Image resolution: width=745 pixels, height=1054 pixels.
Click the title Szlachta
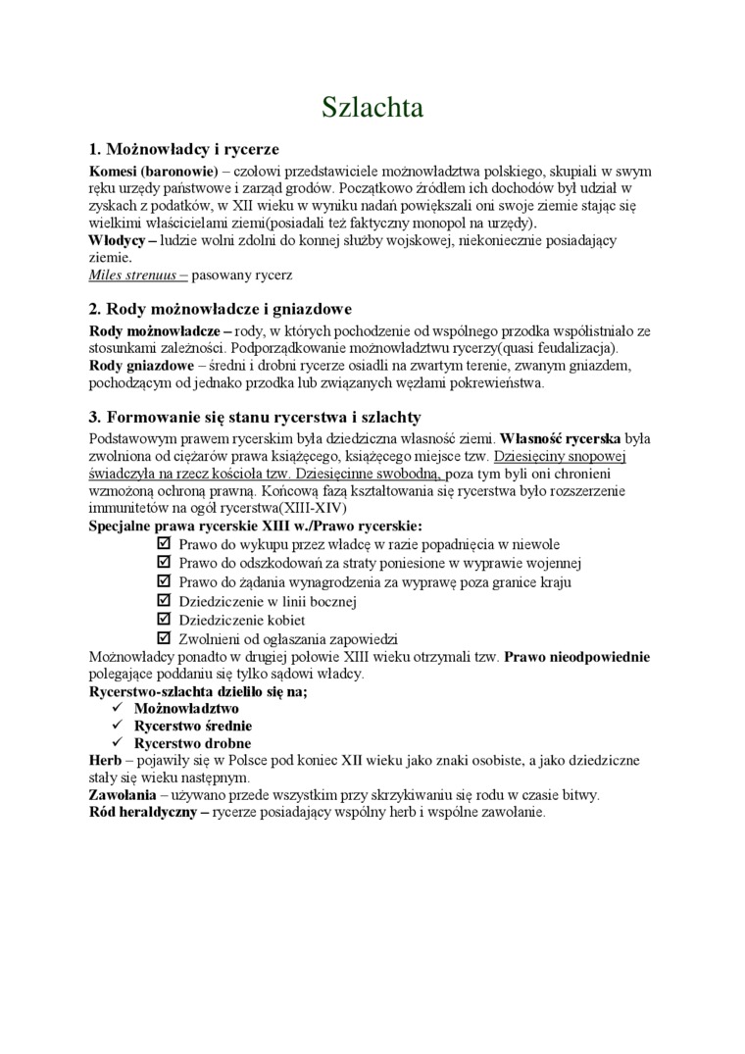(x=372, y=108)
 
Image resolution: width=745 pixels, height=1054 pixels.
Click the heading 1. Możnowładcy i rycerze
(x=184, y=149)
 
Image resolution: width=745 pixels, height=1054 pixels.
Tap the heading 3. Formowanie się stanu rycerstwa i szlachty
(x=255, y=416)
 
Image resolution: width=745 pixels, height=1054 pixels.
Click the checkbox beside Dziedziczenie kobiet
(x=164, y=620)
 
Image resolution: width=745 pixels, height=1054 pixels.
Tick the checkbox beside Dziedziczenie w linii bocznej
(x=164, y=601)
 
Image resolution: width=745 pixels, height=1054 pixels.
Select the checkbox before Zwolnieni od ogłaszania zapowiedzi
(x=164, y=638)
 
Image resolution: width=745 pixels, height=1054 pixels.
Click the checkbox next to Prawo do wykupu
(x=164, y=543)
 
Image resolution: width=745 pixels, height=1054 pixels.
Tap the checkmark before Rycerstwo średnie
(x=117, y=726)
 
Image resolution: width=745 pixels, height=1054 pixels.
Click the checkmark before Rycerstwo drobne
(x=117, y=743)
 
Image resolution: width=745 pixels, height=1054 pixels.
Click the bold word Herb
(x=105, y=760)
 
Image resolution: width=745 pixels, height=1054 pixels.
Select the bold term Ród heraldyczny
(x=143, y=813)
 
